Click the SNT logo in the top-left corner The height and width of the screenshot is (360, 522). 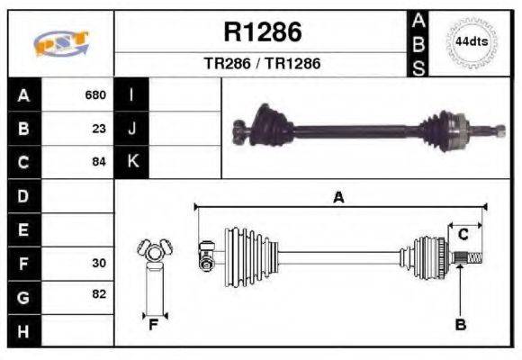(x=59, y=43)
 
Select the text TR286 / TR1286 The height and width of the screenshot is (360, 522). (x=262, y=64)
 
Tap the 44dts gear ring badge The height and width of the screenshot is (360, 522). (x=472, y=42)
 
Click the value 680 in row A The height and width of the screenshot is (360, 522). (x=95, y=94)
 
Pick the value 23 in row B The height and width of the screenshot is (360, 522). (x=99, y=128)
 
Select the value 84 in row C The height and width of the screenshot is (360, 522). (x=99, y=162)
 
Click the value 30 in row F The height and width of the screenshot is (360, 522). (x=99, y=265)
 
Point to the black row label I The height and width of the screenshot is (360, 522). (x=131, y=94)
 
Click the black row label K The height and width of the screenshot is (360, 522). (x=132, y=162)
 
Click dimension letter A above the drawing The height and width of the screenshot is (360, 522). (x=338, y=198)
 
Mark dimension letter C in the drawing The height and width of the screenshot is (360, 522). (x=463, y=234)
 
